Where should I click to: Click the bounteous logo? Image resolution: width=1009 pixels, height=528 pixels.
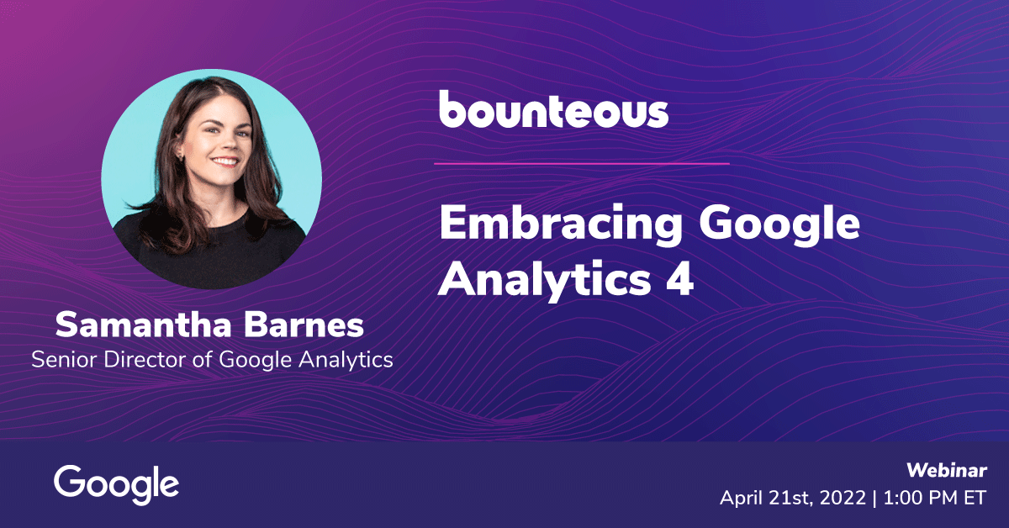pos(553,109)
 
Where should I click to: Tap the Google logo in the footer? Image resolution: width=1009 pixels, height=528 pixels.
pos(116,485)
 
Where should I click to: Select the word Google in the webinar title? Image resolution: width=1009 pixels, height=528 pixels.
pos(779,224)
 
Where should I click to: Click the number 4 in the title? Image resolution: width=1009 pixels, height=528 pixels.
pos(679,278)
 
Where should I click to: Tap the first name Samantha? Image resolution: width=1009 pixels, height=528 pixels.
pos(143,325)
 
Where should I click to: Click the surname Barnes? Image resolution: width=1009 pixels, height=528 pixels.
pos(304,325)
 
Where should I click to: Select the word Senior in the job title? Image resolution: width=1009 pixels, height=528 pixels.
pos(64,360)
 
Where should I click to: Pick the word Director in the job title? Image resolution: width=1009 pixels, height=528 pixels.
pos(145,360)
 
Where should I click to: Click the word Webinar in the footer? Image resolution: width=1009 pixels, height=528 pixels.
pos(947,470)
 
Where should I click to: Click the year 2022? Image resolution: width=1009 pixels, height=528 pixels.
pos(843,499)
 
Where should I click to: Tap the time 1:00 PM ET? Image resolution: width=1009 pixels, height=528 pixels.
pos(935,499)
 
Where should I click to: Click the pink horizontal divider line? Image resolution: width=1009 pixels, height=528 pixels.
pos(582,164)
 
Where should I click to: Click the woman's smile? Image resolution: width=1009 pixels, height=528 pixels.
pos(225,161)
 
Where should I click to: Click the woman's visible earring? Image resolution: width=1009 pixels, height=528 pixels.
pos(182,156)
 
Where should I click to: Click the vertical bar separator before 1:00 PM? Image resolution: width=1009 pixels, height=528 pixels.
pos(874,499)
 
